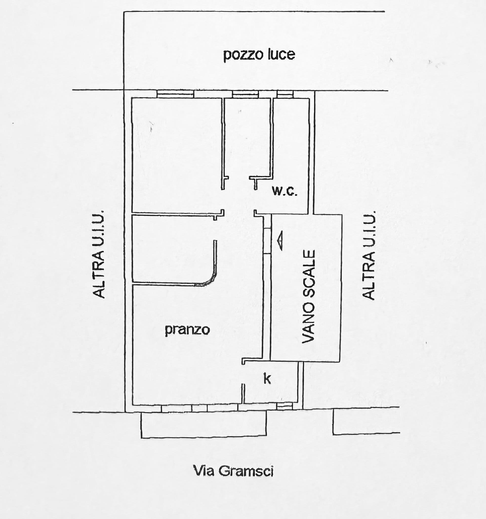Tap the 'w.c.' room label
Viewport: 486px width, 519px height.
tap(285, 191)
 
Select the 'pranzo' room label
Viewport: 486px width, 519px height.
tap(187, 330)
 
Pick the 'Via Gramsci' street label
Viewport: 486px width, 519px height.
tap(233, 471)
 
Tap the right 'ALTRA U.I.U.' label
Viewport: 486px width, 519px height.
tap(368, 255)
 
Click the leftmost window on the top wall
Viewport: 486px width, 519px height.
tap(175, 94)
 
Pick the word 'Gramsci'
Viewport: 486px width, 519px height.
tap(246, 471)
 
